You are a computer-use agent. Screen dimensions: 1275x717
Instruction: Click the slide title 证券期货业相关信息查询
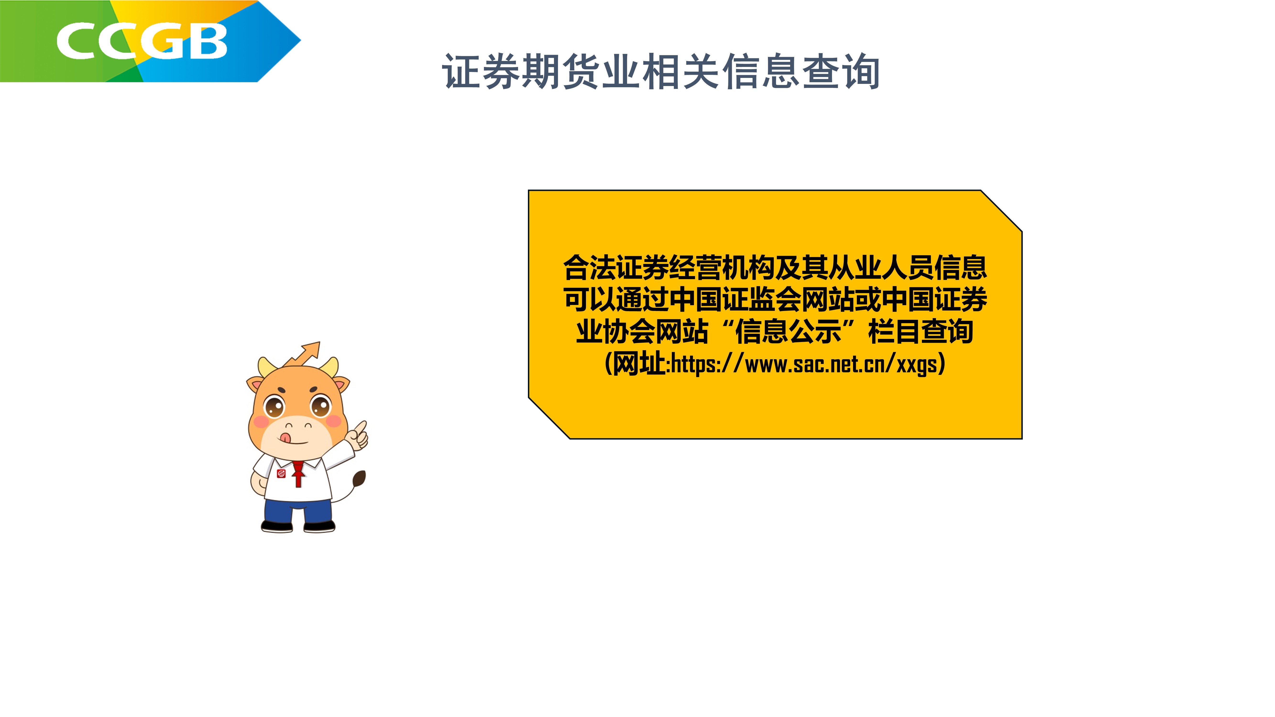coord(661,72)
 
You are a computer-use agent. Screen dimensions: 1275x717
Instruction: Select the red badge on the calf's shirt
coord(281,473)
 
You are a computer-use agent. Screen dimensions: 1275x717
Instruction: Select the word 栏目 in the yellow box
coord(894,331)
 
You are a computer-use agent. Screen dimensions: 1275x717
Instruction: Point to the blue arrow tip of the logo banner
coord(300,40)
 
